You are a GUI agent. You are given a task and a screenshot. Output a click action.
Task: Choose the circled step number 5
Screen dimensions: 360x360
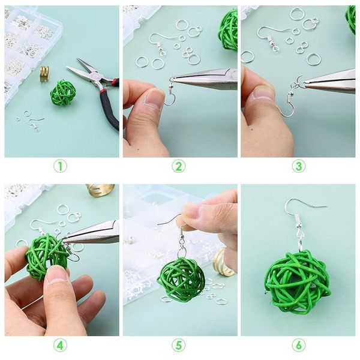[179, 346]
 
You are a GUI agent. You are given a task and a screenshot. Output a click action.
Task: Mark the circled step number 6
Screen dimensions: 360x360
[298, 346]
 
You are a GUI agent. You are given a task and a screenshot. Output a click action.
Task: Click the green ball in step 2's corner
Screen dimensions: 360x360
[228, 29]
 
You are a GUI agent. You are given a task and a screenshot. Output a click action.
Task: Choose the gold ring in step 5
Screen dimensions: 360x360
[224, 261]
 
